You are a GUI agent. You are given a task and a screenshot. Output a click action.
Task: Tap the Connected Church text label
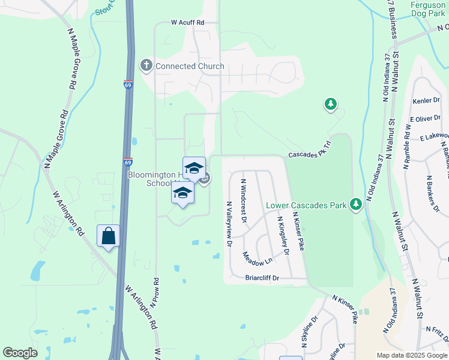click(190, 66)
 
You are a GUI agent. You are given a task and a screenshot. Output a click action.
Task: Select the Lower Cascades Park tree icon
click(357, 205)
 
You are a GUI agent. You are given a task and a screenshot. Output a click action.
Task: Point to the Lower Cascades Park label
click(307, 206)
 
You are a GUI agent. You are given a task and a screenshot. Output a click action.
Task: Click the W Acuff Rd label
click(188, 22)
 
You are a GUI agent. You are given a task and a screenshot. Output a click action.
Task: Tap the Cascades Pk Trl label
click(310, 154)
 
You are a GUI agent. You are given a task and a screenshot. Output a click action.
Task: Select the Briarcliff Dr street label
click(263, 278)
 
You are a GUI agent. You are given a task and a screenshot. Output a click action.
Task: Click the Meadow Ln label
click(258, 259)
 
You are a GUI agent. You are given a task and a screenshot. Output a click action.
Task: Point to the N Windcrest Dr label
click(244, 200)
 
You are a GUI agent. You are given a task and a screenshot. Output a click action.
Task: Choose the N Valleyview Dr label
click(229, 224)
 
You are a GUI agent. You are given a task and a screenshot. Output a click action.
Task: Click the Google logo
click(20, 353)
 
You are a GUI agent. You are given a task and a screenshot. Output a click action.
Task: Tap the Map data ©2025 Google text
click(411, 355)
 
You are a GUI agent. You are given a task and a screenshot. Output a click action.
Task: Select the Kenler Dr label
click(427, 101)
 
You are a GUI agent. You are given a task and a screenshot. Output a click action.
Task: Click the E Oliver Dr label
click(426, 119)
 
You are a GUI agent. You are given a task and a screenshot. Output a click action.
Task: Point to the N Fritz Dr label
click(436, 329)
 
